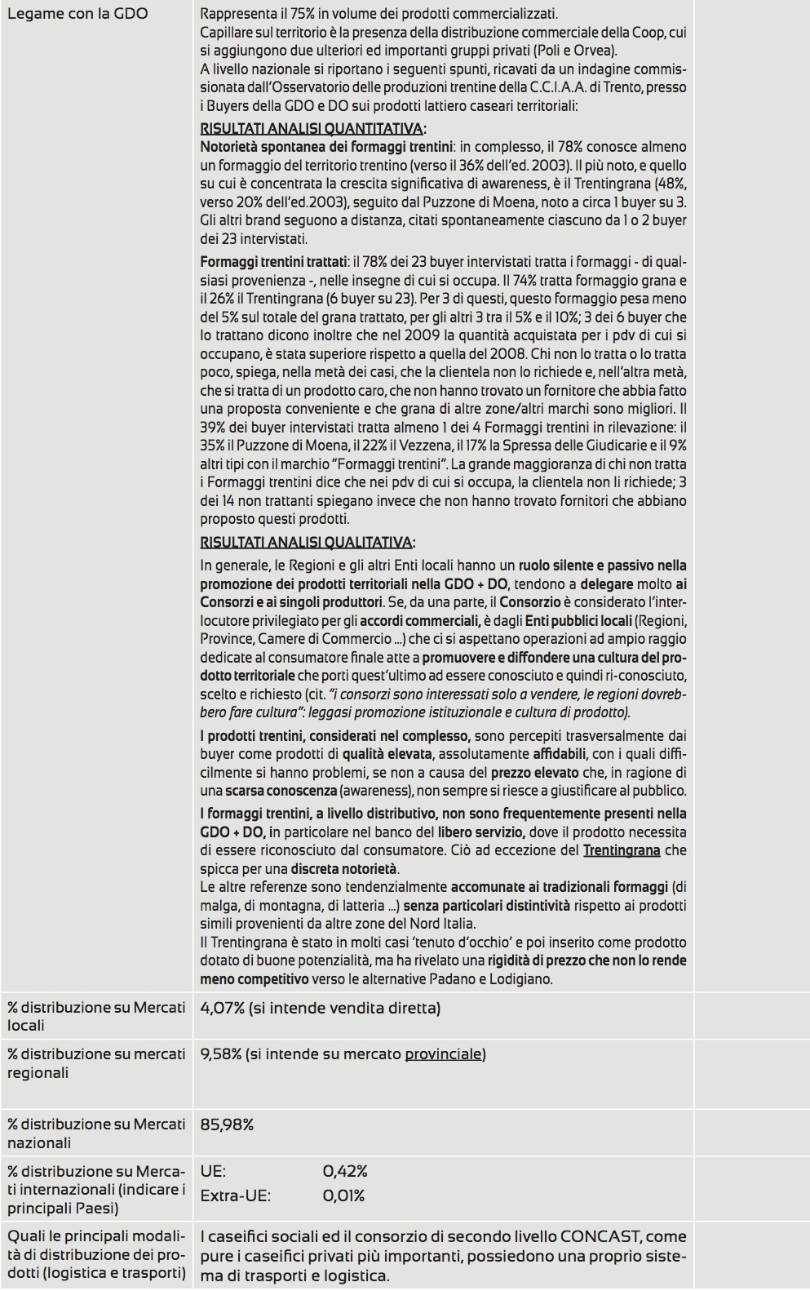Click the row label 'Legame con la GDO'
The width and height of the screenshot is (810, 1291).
(x=77, y=14)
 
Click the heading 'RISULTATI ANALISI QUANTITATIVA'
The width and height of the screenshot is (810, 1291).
(x=312, y=129)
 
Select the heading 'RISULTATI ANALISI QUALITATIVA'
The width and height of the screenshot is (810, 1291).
(x=306, y=543)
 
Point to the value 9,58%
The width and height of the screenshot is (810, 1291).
(x=221, y=1054)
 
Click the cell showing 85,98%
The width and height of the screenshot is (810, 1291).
(x=227, y=1125)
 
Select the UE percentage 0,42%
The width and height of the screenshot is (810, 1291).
(x=345, y=1172)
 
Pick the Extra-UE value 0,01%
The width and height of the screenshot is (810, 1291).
(x=343, y=1196)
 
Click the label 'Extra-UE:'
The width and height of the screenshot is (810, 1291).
(x=236, y=1196)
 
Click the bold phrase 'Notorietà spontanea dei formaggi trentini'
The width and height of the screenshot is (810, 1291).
(x=326, y=148)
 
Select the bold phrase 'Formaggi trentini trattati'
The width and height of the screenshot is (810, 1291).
(x=273, y=262)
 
